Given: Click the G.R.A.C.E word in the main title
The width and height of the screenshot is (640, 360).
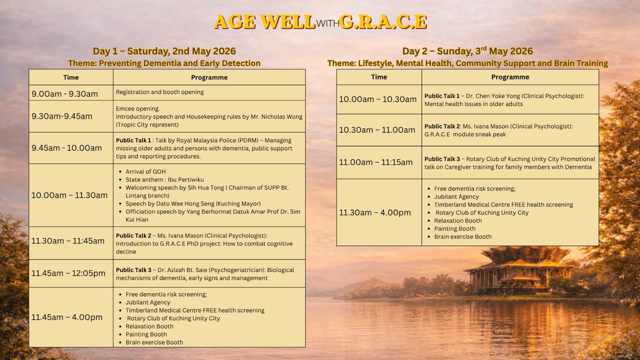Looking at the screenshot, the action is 384,22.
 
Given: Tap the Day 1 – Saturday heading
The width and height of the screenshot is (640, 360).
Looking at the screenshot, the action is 164,51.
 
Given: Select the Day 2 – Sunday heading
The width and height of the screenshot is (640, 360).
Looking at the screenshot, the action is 468,51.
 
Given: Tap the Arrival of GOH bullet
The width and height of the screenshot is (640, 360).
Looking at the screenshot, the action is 146,172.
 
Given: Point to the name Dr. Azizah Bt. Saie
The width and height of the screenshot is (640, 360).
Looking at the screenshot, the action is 182,270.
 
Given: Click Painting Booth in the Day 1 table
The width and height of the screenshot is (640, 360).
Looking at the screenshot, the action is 146,334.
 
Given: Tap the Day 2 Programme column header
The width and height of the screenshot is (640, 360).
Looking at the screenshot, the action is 510,77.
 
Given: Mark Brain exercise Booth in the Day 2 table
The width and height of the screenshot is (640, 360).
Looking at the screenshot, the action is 463,236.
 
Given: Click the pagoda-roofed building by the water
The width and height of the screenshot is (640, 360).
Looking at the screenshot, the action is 518,270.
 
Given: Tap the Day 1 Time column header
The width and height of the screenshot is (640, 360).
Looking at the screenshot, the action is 71,78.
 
